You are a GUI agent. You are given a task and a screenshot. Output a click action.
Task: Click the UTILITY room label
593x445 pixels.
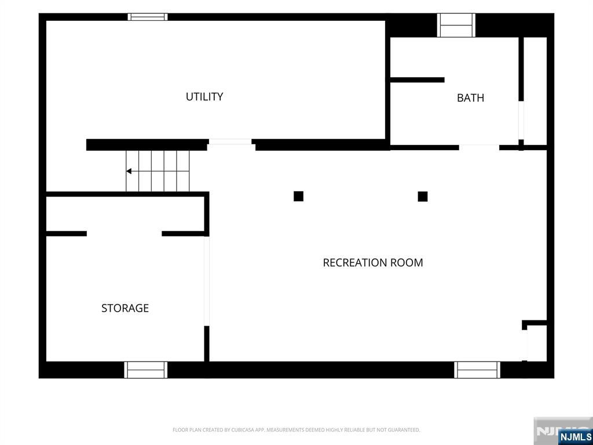pos(204,97)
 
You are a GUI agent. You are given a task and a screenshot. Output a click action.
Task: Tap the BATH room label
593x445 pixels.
pos(470,97)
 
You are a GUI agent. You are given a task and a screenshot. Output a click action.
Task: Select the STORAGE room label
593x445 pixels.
pos(125,308)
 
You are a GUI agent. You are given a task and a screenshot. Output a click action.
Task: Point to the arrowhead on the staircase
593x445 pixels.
pos(129,172)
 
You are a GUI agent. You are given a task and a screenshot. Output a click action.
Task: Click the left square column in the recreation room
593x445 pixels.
pos(298,196)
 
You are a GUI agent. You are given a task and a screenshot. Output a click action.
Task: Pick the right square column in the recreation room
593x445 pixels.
pos(422,196)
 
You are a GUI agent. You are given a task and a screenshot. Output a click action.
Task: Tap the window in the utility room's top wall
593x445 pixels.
pos(148,17)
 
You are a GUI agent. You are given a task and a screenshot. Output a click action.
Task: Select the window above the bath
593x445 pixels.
pos(456,25)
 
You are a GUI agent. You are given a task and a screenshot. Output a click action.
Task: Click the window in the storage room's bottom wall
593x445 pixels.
pos(145,370)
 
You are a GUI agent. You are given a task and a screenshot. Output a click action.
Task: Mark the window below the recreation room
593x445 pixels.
pos(477,370)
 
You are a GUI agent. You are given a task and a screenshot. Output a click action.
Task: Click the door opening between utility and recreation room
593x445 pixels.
pos(230,142)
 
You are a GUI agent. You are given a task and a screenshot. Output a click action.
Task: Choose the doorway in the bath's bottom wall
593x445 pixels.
pos(479,147)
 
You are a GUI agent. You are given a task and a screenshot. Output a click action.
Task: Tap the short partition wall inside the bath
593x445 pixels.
pos(417,80)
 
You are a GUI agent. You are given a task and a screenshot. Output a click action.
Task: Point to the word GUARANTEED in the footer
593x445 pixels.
pos(407,430)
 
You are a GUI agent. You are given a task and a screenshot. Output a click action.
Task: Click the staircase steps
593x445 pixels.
pos(158,171)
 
